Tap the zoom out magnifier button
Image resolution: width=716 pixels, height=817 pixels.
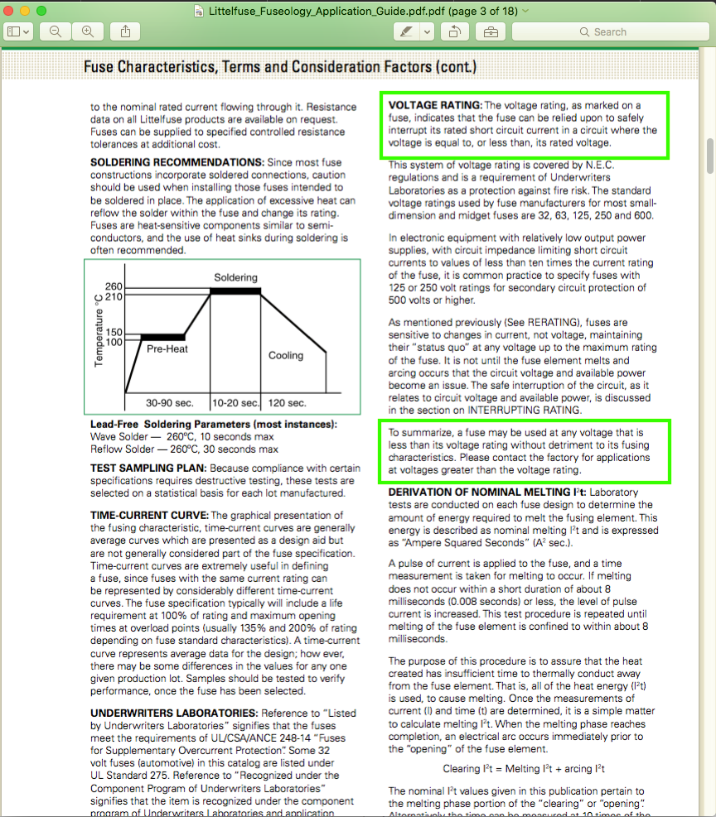(x=56, y=31)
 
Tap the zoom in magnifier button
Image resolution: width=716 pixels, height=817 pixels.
(x=87, y=31)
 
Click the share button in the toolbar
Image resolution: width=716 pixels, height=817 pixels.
(x=125, y=31)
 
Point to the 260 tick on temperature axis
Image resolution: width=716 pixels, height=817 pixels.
(x=114, y=286)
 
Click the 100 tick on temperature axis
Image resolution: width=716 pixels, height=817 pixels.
(x=114, y=342)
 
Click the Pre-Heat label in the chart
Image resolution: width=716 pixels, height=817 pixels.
(x=167, y=349)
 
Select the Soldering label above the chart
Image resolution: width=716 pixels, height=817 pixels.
(x=235, y=277)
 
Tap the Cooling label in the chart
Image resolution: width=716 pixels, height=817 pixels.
(x=286, y=355)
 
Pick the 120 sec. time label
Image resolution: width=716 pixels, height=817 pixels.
(x=287, y=403)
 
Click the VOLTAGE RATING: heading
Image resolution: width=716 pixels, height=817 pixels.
(x=435, y=105)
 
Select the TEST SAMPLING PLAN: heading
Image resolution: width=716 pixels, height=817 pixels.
(x=148, y=468)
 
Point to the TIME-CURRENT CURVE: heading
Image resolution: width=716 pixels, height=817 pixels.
(x=150, y=516)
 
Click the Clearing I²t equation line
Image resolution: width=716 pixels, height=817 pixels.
(x=524, y=769)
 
